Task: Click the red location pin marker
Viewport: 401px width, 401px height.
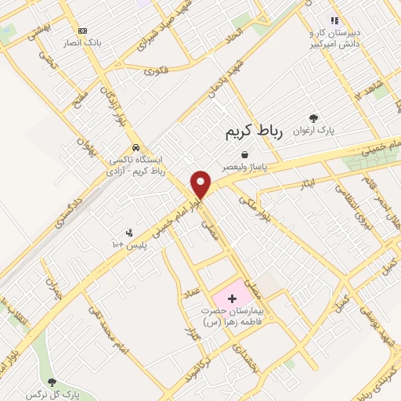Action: [201, 185]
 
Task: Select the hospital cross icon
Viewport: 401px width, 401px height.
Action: [232, 299]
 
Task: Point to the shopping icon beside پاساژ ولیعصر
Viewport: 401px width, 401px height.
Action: [245, 154]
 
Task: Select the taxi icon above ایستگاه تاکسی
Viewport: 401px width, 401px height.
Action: [136, 147]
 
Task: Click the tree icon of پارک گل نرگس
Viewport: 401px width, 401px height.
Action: [52, 382]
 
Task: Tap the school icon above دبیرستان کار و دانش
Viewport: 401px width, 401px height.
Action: [334, 20]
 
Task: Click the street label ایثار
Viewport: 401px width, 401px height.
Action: [307, 182]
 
